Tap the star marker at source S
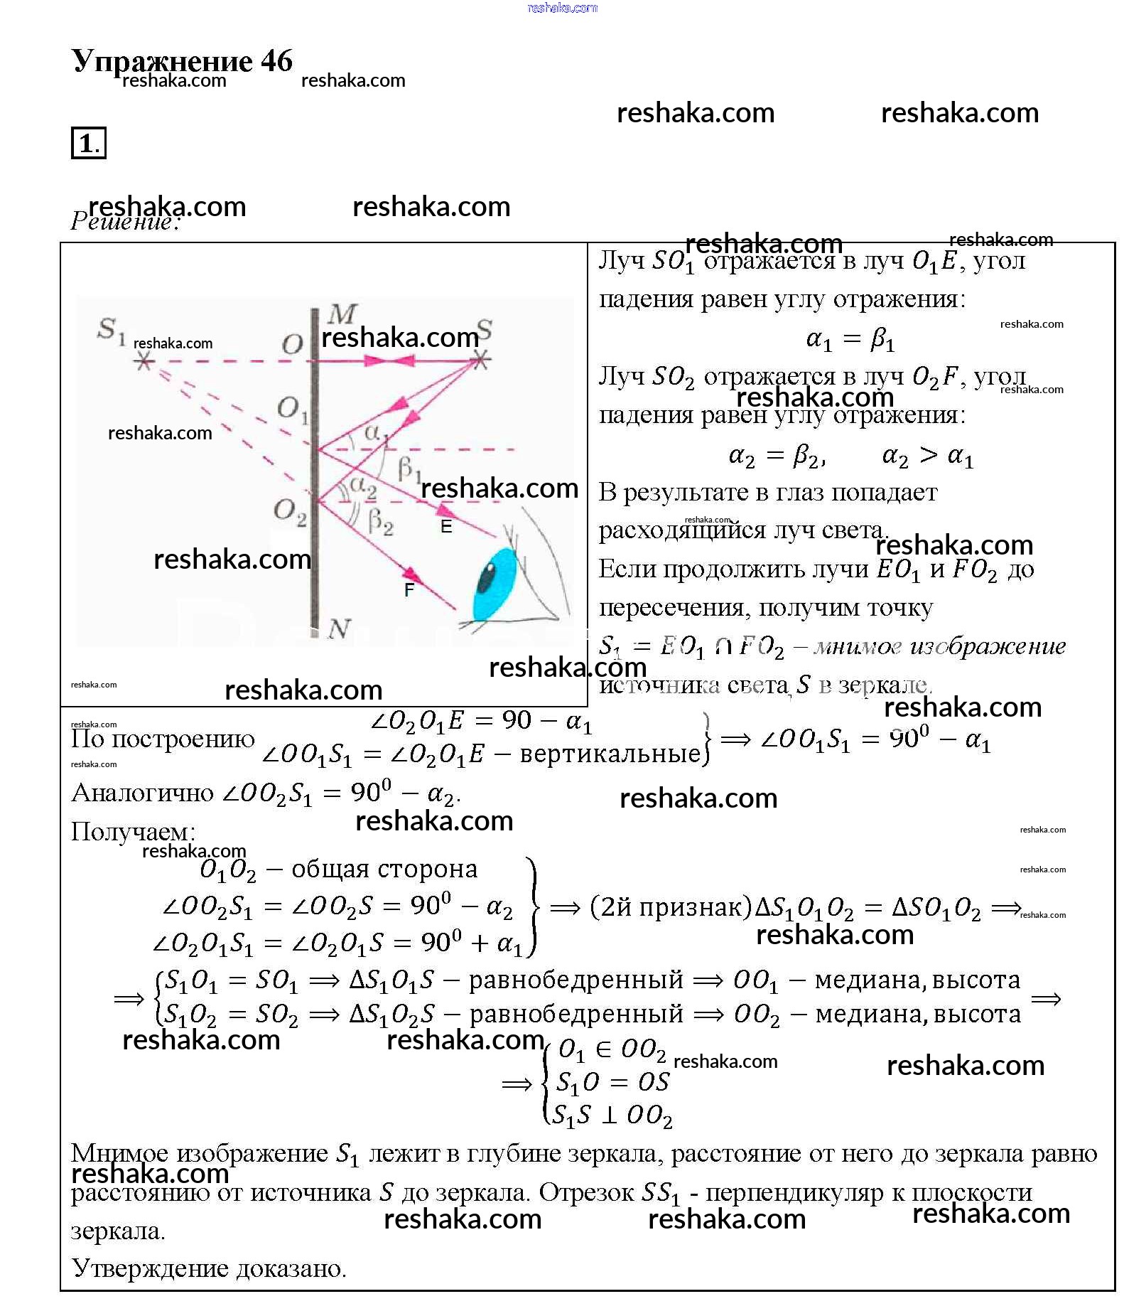(481, 360)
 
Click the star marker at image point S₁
(144, 362)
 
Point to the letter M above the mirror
(342, 314)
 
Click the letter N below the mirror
(339, 628)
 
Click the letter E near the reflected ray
(446, 527)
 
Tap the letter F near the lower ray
(409, 589)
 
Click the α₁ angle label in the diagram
(375, 433)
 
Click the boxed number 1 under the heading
(88, 143)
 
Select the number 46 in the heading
(276, 61)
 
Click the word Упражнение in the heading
(162, 61)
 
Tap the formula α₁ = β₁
(850, 340)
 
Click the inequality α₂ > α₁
(926, 456)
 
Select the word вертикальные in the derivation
(610, 754)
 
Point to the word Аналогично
(142, 793)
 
